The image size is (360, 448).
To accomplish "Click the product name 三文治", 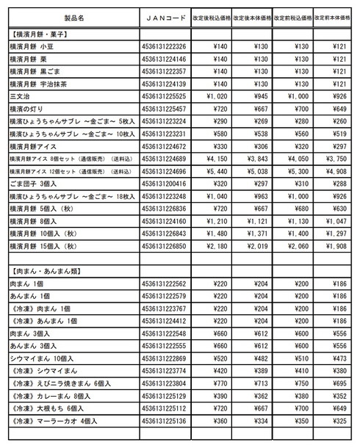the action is coord(19,96).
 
